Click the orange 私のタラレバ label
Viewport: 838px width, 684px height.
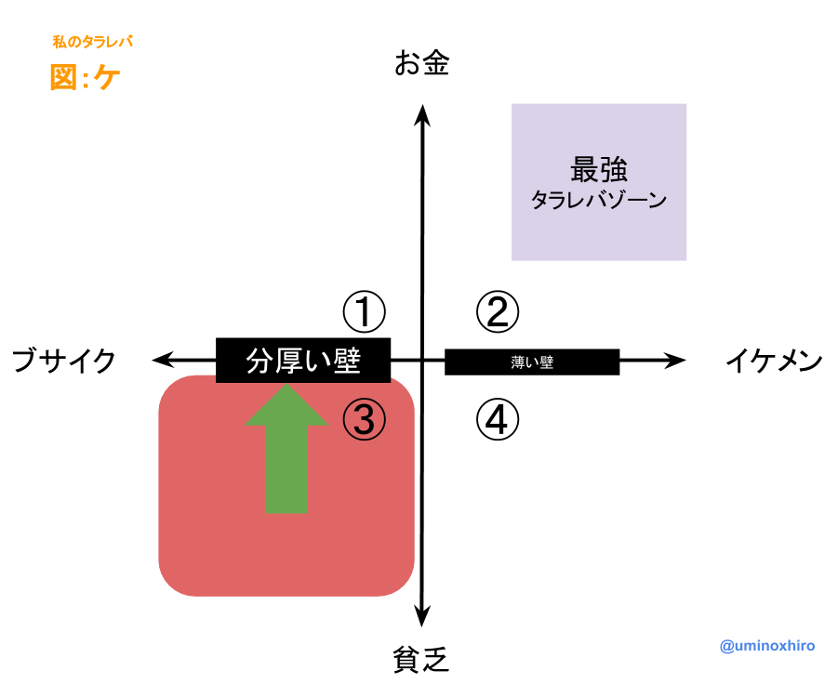92,42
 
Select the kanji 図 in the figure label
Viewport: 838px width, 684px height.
63,78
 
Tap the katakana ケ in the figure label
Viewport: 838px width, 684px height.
107,78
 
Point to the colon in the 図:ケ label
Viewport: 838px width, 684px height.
86,79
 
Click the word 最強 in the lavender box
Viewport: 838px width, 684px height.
599,170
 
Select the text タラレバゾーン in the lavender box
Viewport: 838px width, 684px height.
599,200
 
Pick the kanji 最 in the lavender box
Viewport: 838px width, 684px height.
585,170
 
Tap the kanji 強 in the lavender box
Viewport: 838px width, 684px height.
614,170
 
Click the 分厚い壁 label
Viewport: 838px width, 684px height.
303,361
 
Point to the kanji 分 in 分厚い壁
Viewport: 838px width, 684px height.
259,361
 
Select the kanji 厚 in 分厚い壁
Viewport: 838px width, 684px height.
288,361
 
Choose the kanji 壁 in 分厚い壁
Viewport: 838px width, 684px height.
347,361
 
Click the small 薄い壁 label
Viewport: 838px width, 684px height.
532,362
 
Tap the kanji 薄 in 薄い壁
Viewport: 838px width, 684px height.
518,362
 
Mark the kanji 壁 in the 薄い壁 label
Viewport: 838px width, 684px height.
547,362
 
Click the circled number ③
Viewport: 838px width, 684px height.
364,419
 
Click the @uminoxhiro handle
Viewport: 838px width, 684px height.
767,646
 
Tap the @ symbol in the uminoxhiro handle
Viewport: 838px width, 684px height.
726,646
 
